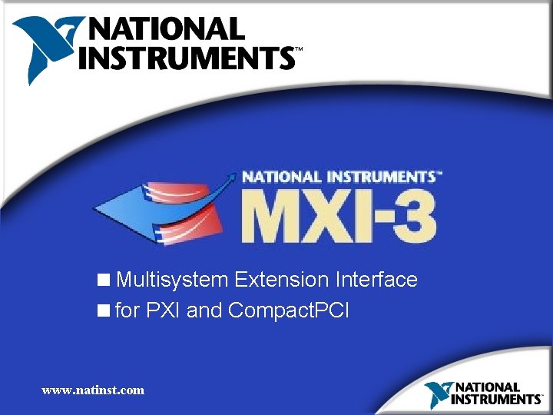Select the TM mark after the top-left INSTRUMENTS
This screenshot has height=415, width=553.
pos(299,49)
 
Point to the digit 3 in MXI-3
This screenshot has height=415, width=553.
pos(415,216)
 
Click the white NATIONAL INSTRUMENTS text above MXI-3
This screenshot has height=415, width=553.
pos(338,176)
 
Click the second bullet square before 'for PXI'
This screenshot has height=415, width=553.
pos(103,310)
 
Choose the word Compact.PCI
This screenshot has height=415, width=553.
pos(289,310)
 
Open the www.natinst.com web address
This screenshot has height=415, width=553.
pos(93,390)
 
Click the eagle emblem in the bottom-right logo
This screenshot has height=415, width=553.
pos(438,393)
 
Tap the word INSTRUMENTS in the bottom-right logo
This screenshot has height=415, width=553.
pos(496,400)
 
